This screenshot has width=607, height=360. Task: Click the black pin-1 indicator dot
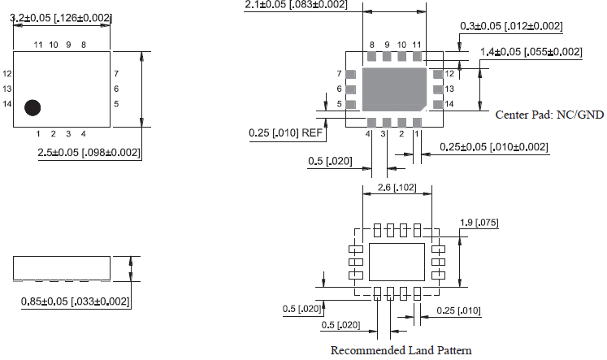point(33,106)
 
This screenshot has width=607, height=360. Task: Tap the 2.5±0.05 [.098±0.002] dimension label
point(89,153)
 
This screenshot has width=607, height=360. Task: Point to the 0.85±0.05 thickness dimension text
point(74,301)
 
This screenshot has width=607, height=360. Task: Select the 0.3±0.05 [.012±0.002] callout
point(511,26)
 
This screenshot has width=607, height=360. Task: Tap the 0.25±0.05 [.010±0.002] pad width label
point(493,147)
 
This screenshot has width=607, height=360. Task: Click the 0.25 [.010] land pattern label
point(459,310)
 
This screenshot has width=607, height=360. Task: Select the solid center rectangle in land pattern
point(396,262)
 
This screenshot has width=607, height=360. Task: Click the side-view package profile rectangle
point(61,268)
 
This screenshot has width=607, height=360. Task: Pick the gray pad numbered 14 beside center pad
point(438,104)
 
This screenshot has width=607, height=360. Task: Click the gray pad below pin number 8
point(372,58)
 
